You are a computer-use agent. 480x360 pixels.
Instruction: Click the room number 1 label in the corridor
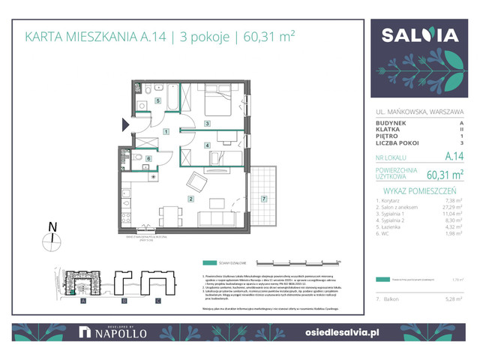[x=164, y=131]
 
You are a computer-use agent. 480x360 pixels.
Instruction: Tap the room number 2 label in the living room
[x=191, y=199]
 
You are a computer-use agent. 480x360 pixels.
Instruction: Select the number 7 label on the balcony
[x=263, y=199]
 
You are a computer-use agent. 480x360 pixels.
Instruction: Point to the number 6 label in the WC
[x=148, y=158]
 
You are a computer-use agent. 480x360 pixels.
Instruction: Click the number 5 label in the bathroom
[x=157, y=100]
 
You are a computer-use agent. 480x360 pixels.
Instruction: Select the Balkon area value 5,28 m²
[x=451, y=299]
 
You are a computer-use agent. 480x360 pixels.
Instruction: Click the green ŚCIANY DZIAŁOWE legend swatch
[x=212, y=263]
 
